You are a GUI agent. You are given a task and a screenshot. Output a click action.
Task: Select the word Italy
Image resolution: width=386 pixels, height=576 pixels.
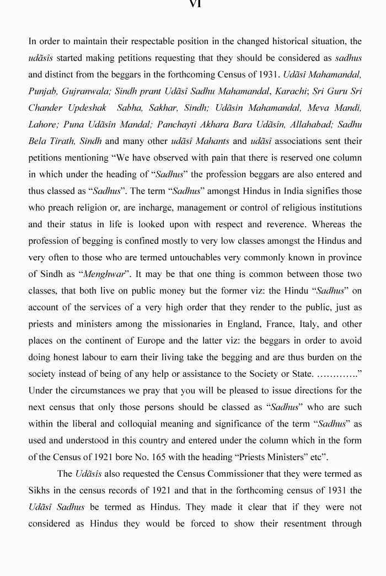coord(314,324)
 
